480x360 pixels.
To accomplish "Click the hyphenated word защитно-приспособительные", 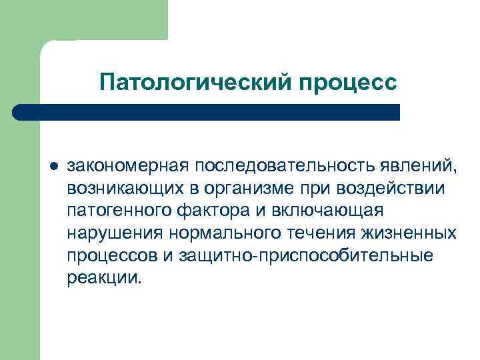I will click(300, 255).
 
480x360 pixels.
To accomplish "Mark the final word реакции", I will click(103, 278).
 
